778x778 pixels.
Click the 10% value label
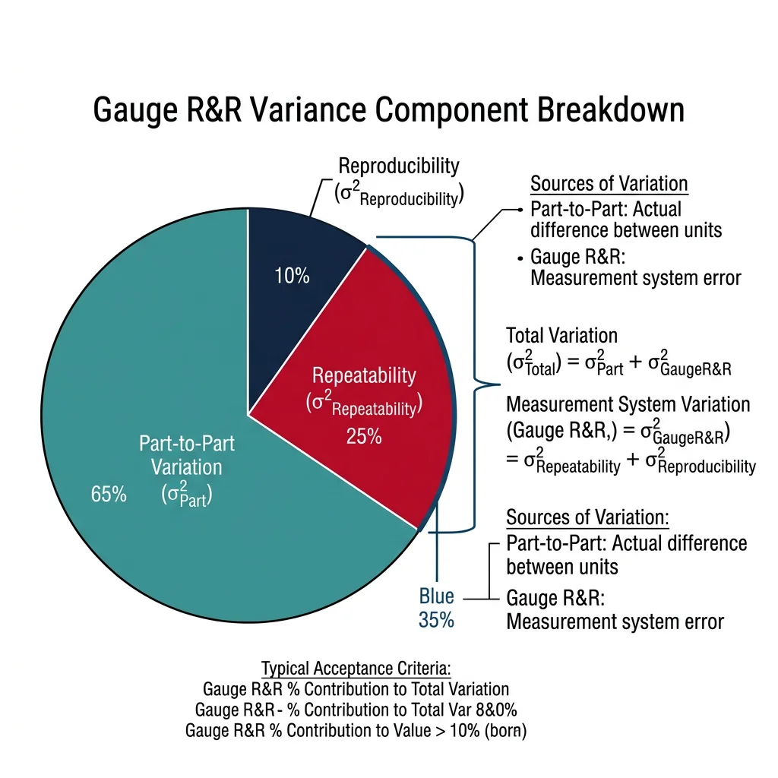click(292, 276)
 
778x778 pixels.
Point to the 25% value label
click(363, 437)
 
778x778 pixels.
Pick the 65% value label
click(108, 494)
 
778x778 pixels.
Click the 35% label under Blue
click(436, 620)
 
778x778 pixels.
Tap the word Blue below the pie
click(437, 596)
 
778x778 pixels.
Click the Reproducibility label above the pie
click(399, 166)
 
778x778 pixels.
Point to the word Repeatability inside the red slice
click(365, 375)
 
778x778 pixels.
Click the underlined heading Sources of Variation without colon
click(609, 184)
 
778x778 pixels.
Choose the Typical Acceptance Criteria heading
click(356, 669)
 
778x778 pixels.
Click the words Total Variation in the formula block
click(562, 335)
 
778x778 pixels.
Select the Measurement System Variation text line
click(628, 404)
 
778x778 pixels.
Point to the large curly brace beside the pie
click(474, 380)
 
